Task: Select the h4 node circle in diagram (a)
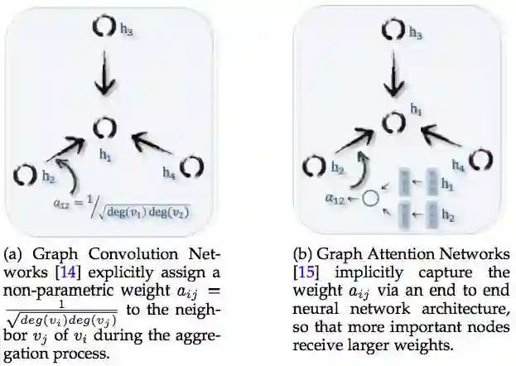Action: tap(191, 165)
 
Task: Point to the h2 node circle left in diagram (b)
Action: tap(316, 166)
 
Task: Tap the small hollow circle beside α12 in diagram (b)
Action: tap(370, 199)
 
